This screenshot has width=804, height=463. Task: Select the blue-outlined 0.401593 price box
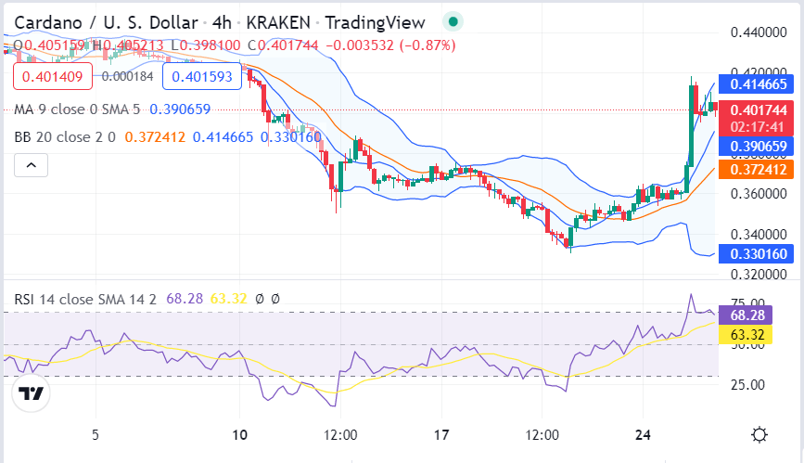pos(201,76)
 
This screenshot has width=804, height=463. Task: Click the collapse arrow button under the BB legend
pos(32,165)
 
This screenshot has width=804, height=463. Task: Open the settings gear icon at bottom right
pos(759,434)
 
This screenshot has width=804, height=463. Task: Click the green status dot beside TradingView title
pos(453,21)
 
